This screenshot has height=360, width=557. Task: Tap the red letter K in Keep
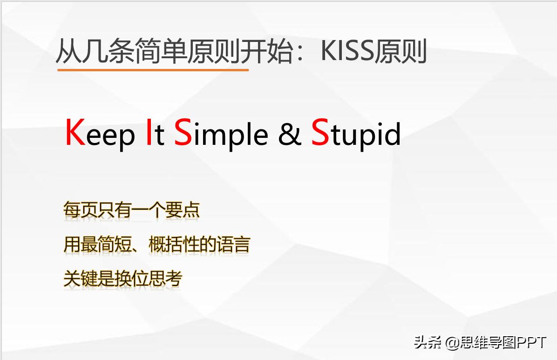[x=75, y=133]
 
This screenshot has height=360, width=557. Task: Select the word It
[x=154, y=134]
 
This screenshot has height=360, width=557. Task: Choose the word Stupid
[x=356, y=134]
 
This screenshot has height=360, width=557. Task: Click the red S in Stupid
[x=319, y=133]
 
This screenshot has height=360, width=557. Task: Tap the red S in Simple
[x=183, y=133]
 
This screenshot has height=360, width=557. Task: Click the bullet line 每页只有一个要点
[x=131, y=210]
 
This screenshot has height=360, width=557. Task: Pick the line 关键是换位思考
[x=122, y=278]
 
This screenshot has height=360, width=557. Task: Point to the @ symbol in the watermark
[x=452, y=343]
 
